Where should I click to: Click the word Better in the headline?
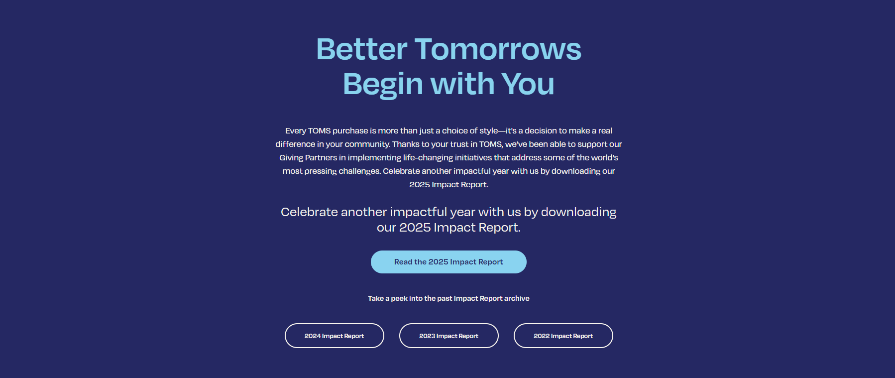coord(362,49)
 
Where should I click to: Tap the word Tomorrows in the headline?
coord(498,49)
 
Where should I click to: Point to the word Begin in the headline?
coord(383,84)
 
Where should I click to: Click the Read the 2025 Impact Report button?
coord(448,262)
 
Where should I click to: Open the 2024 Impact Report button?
coord(335,336)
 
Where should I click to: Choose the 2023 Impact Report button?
coord(449,336)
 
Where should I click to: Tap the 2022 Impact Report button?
coord(563,336)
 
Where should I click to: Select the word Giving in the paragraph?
coord(291,158)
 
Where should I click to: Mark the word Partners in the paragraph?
coord(321,157)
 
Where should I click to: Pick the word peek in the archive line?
coord(399,298)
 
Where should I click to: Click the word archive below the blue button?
coord(517,298)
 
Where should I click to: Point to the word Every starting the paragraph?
coord(296,131)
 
